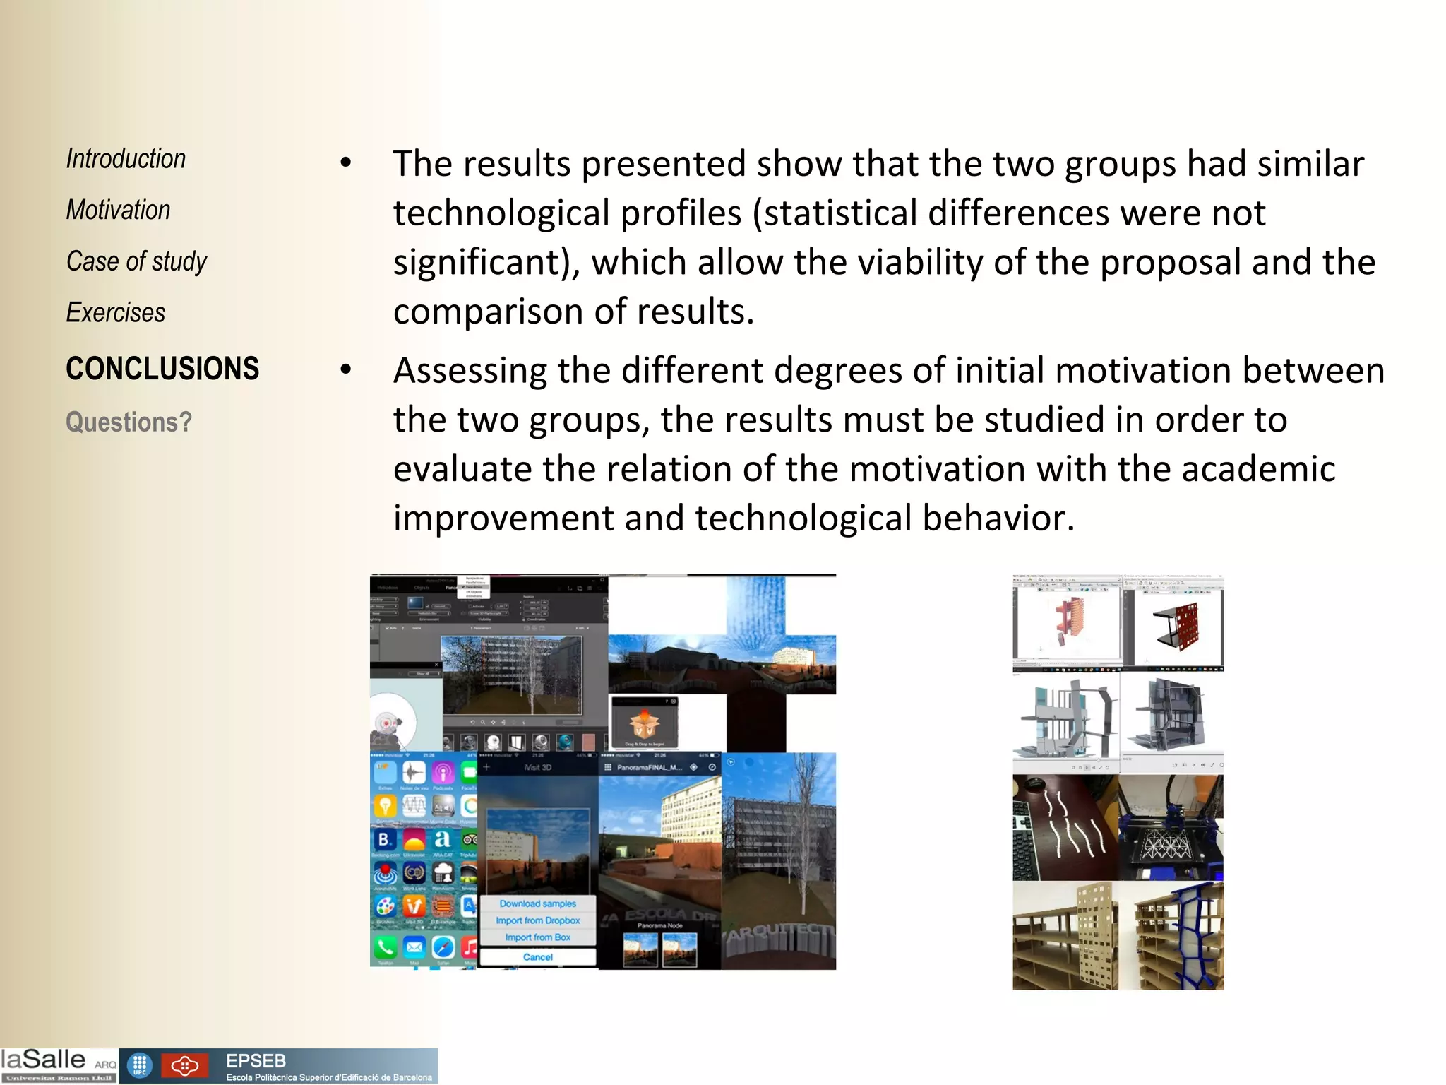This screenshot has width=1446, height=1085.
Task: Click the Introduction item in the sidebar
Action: (x=126, y=159)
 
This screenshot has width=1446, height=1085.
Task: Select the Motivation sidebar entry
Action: (x=118, y=210)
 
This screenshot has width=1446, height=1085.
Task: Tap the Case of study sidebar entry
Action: (x=136, y=261)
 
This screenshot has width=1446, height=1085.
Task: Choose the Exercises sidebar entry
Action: (x=116, y=312)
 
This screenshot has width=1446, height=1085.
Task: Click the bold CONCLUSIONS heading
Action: (x=162, y=369)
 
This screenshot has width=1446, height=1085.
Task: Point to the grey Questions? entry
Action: (x=129, y=422)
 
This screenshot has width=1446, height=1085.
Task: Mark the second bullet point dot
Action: (x=345, y=369)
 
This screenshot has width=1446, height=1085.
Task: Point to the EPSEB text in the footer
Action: (x=256, y=1060)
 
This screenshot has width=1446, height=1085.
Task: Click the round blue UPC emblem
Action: (x=140, y=1065)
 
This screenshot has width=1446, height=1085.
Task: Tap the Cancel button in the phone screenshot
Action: (x=538, y=957)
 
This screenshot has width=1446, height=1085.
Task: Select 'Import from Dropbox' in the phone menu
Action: (x=538, y=920)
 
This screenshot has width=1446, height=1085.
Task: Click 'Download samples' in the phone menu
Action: (x=538, y=903)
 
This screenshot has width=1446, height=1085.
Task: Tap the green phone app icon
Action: (x=386, y=947)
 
